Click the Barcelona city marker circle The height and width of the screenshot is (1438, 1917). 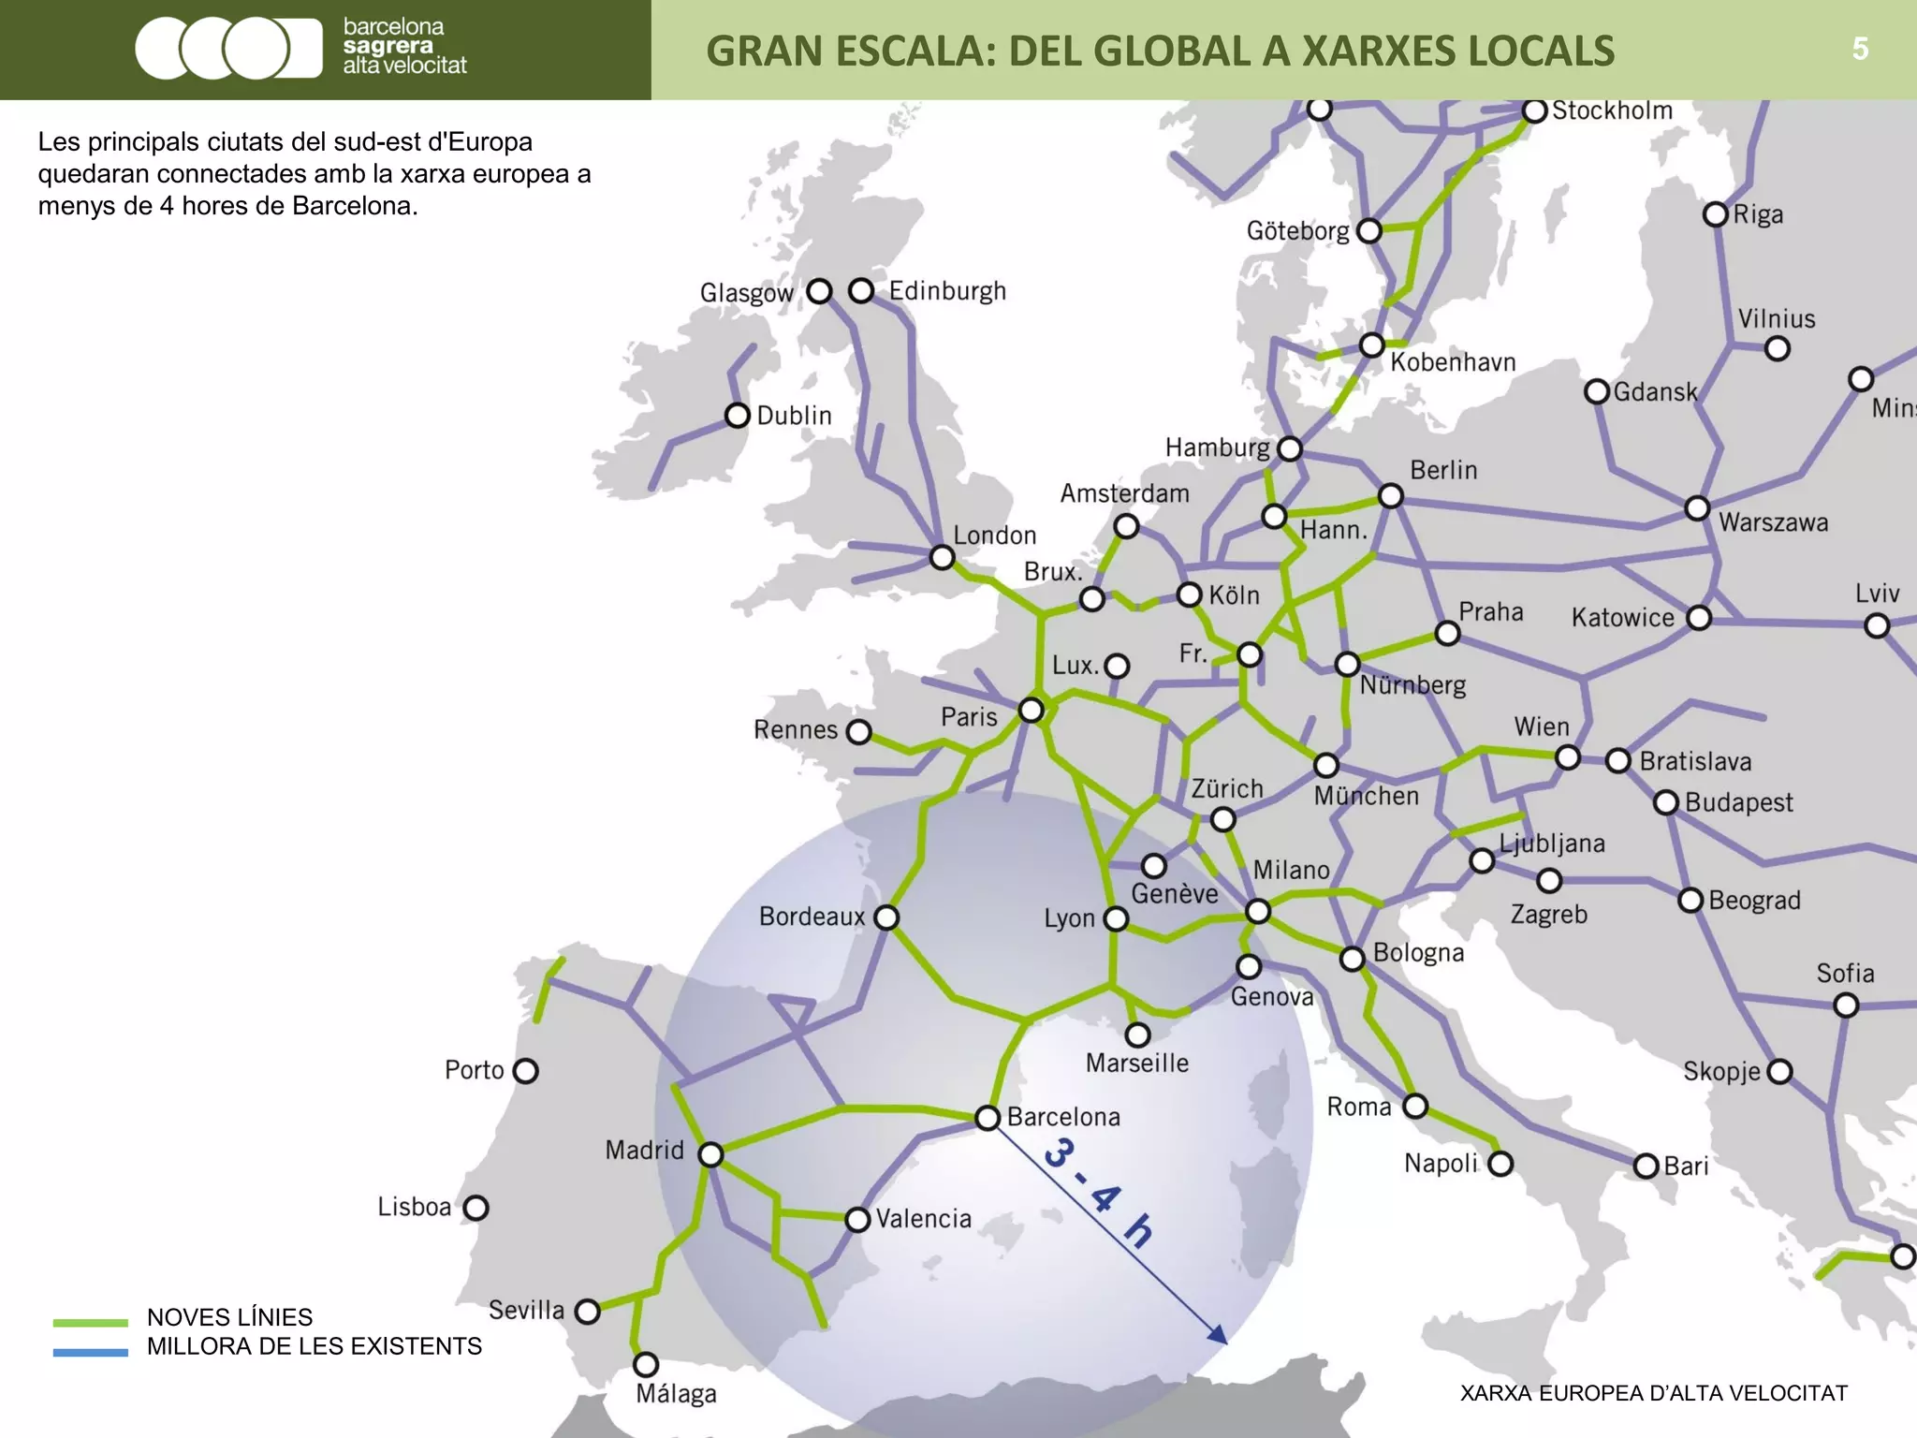coord(988,1118)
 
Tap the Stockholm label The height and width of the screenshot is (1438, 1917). coord(1612,110)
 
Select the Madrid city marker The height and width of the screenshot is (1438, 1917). coord(711,1154)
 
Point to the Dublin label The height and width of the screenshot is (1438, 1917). coord(794,416)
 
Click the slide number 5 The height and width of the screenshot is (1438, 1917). coord(1860,49)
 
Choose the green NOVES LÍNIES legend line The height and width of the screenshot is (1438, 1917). coord(90,1322)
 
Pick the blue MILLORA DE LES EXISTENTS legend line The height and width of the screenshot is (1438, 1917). coord(90,1352)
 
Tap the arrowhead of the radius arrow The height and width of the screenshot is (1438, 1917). coord(1218,1336)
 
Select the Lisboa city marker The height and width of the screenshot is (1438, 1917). coord(476,1208)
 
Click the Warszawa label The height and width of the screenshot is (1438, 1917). coord(1773,522)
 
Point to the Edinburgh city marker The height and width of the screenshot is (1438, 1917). coord(861,291)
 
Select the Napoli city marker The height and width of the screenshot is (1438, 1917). coord(1500,1164)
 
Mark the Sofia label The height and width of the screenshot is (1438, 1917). coord(1845,974)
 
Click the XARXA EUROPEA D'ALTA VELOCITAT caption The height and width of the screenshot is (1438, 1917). coord(1653,1393)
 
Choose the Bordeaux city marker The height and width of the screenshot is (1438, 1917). coord(886,917)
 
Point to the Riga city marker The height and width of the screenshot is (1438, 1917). coord(1715,214)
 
